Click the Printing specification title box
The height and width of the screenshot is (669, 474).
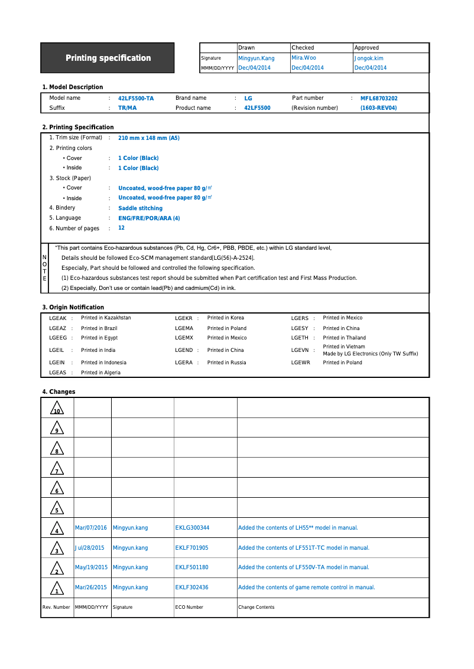[108, 58]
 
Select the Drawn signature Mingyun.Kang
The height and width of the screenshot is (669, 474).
[256, 58]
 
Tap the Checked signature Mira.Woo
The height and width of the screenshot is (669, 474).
[304, 58]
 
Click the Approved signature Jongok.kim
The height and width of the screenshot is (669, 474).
[369, 58]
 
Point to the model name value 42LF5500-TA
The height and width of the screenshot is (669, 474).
[136, 99]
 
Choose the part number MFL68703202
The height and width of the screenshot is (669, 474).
[379, 99]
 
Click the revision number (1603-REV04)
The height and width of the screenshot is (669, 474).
[378, 108]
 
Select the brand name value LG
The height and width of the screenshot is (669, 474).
[248, 99]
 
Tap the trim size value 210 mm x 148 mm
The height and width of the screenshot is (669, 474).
[149, 138]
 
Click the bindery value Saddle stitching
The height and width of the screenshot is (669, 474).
[140, 208]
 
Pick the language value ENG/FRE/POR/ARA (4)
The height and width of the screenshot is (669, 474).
[149, 218]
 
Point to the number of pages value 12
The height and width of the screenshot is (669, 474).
[121, 228]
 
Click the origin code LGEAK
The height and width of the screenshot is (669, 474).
[57, 318]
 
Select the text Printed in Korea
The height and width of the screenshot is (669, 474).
[225, 318]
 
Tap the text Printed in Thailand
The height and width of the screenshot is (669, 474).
[344, 338]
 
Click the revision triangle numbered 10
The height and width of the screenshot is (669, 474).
[57, 408]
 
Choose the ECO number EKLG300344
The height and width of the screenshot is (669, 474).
[192, 528]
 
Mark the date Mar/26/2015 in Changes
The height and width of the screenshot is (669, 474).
[91, 588]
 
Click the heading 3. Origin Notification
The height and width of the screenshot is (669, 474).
[73, 307]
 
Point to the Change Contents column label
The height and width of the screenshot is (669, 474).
[256, 607]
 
